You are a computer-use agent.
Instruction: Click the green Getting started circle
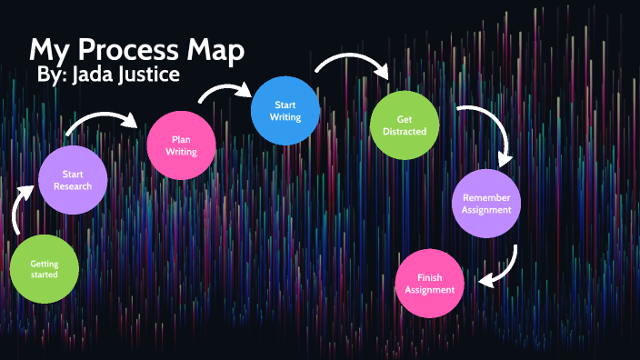click(44, 269)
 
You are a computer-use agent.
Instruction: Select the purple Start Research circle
click(74, 180)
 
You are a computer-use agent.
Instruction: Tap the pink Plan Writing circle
click(182, 145)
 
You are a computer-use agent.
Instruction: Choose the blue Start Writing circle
click(285, 111)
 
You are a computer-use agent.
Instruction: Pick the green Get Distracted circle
click(405, 125)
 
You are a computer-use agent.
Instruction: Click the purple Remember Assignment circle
click(486, 204)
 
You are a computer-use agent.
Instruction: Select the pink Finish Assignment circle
click(430, 283)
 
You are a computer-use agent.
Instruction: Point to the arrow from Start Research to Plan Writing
click(105, 121)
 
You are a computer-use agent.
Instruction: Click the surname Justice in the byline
click(155, 75)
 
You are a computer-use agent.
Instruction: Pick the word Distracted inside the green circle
click(405, 132)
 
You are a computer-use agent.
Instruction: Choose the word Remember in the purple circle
click(486, 197)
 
